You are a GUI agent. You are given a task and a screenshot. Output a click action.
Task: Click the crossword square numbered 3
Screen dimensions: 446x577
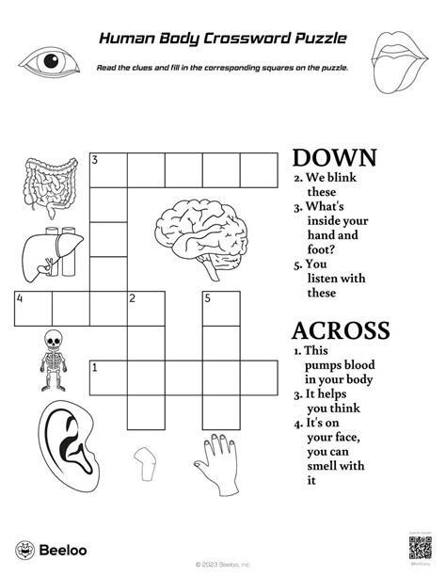tap(107, 172)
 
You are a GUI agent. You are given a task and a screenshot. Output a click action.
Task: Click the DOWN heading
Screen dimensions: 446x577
tap(335, 158)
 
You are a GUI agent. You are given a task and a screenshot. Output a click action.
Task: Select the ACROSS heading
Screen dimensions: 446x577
tap(341, 331)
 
